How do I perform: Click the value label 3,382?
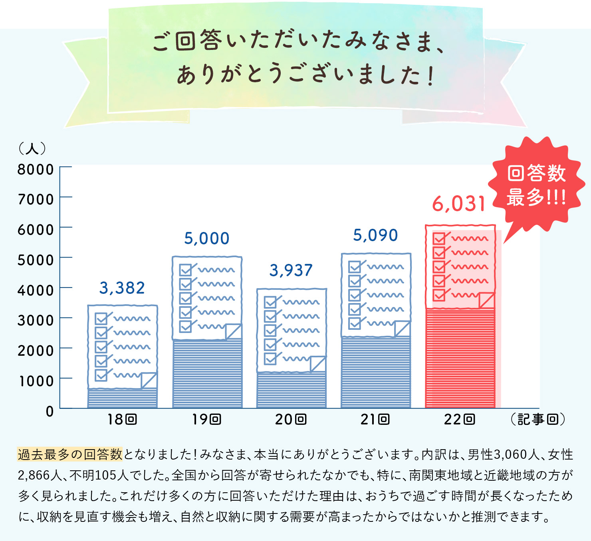(122, 288)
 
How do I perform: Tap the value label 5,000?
(206, 238)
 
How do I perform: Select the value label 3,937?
(291, 270)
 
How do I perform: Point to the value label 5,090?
(375, 235)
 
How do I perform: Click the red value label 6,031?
(459, 204)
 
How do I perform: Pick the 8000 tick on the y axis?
(36, 169)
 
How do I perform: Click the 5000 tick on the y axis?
(36, 260)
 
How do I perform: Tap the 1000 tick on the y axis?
(36, 381)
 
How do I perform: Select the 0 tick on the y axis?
(50, 411)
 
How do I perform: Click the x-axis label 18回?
(122, 419)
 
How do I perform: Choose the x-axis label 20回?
(291, 419)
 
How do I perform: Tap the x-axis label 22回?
(459, 419)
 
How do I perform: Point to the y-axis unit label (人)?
(32, 149)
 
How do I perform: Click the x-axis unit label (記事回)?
(537, 419)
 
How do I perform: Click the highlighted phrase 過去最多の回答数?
(70, 454)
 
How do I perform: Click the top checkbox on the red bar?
(439, 238)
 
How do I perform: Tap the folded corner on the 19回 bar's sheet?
(234, 331)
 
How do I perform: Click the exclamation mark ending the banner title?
(430, 76)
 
